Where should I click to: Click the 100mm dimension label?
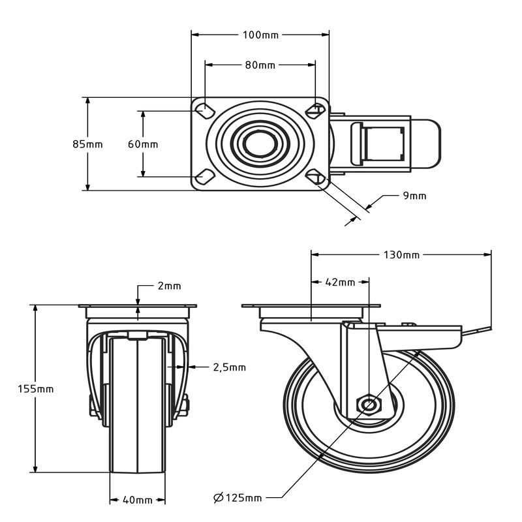260,35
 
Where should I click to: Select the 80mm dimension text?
260,65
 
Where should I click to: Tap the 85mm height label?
87,144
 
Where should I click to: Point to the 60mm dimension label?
143,144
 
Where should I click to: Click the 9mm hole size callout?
414,196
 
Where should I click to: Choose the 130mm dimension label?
401,255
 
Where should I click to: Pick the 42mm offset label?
340,283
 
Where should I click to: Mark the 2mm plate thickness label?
169,286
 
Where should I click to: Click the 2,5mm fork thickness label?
230,367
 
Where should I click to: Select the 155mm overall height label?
36,389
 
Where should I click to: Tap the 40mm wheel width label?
138,500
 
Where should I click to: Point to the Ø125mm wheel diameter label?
238,498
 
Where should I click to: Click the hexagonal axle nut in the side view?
369,405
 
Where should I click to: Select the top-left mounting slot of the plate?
204,111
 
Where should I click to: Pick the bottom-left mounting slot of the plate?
204,177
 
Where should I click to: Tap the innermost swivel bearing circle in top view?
260,144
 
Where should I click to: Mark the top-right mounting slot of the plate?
316,111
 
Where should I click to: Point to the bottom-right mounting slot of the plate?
316,177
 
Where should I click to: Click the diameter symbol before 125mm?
219,498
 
